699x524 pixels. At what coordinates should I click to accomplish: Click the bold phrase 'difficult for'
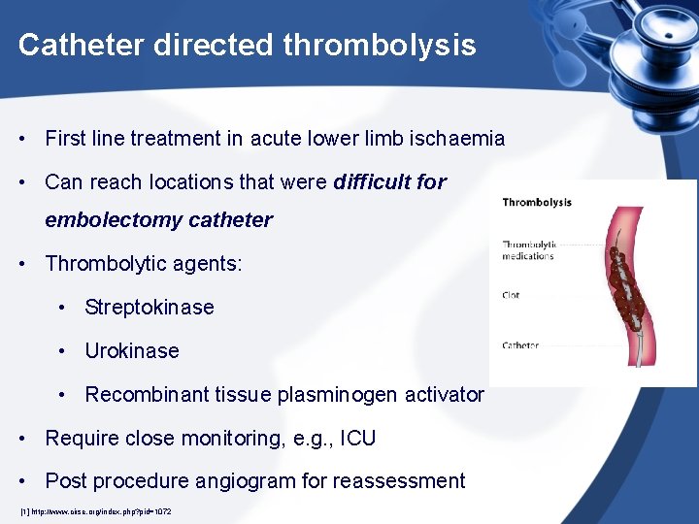(389, 181)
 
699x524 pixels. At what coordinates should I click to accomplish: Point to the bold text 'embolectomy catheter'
(158, 220)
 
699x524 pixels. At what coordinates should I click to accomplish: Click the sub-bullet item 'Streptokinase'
(150, 308)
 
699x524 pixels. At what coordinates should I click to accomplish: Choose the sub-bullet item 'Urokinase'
(132, 351)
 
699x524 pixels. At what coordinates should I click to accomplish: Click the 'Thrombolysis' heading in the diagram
(537, 203)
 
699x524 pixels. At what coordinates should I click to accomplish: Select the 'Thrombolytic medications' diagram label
(528, 250)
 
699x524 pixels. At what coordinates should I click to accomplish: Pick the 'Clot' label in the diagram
(511, 295)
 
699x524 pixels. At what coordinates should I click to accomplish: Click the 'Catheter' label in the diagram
(520, 345)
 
